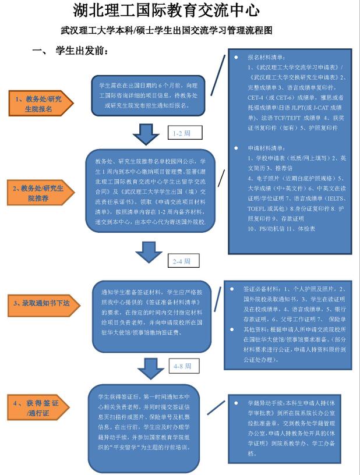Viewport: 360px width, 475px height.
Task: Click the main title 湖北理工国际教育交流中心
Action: tap(166, 10)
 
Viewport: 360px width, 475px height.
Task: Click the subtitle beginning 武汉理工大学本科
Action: tap(167, 30)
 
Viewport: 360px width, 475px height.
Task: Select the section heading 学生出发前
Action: tap(82, 51)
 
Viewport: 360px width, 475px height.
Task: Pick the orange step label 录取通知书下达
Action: tap(38, 303)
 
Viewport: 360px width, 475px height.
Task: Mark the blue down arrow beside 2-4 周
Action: tap(148, 252)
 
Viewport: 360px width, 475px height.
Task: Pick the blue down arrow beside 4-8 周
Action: tap(150, 368)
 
